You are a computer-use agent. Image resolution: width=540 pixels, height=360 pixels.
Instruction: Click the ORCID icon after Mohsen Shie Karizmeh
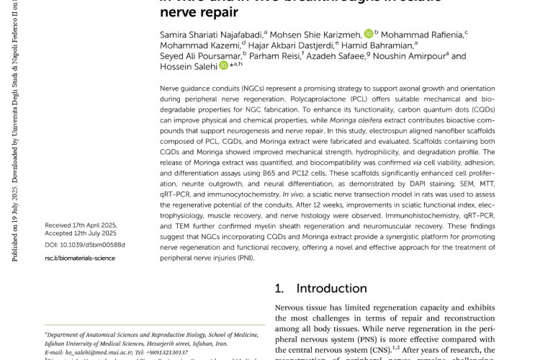pos(368,33)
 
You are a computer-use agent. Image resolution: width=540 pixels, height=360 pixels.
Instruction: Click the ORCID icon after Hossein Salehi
pos(223,66)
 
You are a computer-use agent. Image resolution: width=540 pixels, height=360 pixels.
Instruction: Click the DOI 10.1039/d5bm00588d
pos(84,245)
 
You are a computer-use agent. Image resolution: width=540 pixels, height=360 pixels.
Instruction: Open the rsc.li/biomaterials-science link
pos(79,258)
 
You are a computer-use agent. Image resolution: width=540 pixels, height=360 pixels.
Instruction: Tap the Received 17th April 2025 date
pos(81,225)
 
